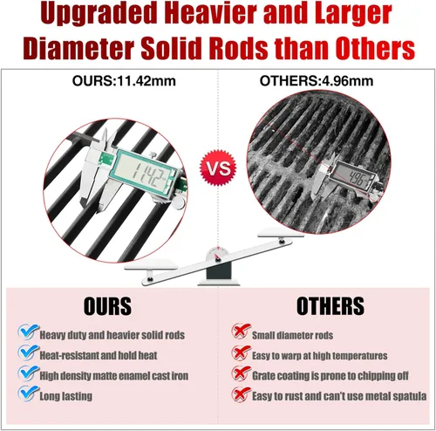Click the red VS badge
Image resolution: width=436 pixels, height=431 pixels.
218,168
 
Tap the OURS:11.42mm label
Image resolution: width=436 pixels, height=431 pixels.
124,80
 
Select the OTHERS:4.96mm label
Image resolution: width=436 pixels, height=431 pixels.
317,80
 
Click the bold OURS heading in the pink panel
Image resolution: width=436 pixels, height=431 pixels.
107,306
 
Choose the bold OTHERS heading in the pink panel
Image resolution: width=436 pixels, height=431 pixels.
330,305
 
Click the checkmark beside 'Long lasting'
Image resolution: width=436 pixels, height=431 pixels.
28,393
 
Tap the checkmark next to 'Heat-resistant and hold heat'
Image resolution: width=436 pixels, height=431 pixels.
28,352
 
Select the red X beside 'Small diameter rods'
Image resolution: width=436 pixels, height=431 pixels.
241,332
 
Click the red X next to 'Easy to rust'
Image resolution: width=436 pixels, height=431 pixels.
241,394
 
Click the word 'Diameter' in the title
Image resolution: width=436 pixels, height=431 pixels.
78,48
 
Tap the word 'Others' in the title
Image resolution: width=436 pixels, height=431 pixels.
375,48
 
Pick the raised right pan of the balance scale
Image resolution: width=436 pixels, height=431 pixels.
281,232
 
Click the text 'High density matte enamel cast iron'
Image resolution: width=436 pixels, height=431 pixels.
114,376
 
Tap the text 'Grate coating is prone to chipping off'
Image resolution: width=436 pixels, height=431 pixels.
330,376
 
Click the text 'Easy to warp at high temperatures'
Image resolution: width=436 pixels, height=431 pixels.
320,356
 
